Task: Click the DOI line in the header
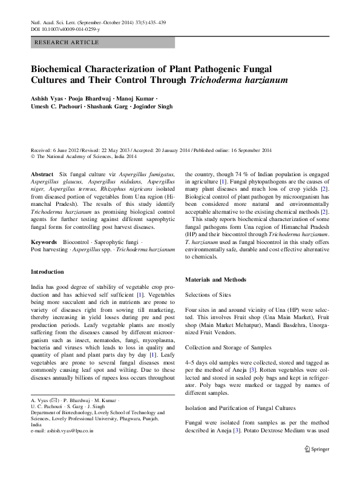(65, 28)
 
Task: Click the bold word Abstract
(41, 174)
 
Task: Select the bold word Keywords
(44, 242)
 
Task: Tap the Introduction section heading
(47, 272)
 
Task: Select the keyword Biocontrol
(77, 242)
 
